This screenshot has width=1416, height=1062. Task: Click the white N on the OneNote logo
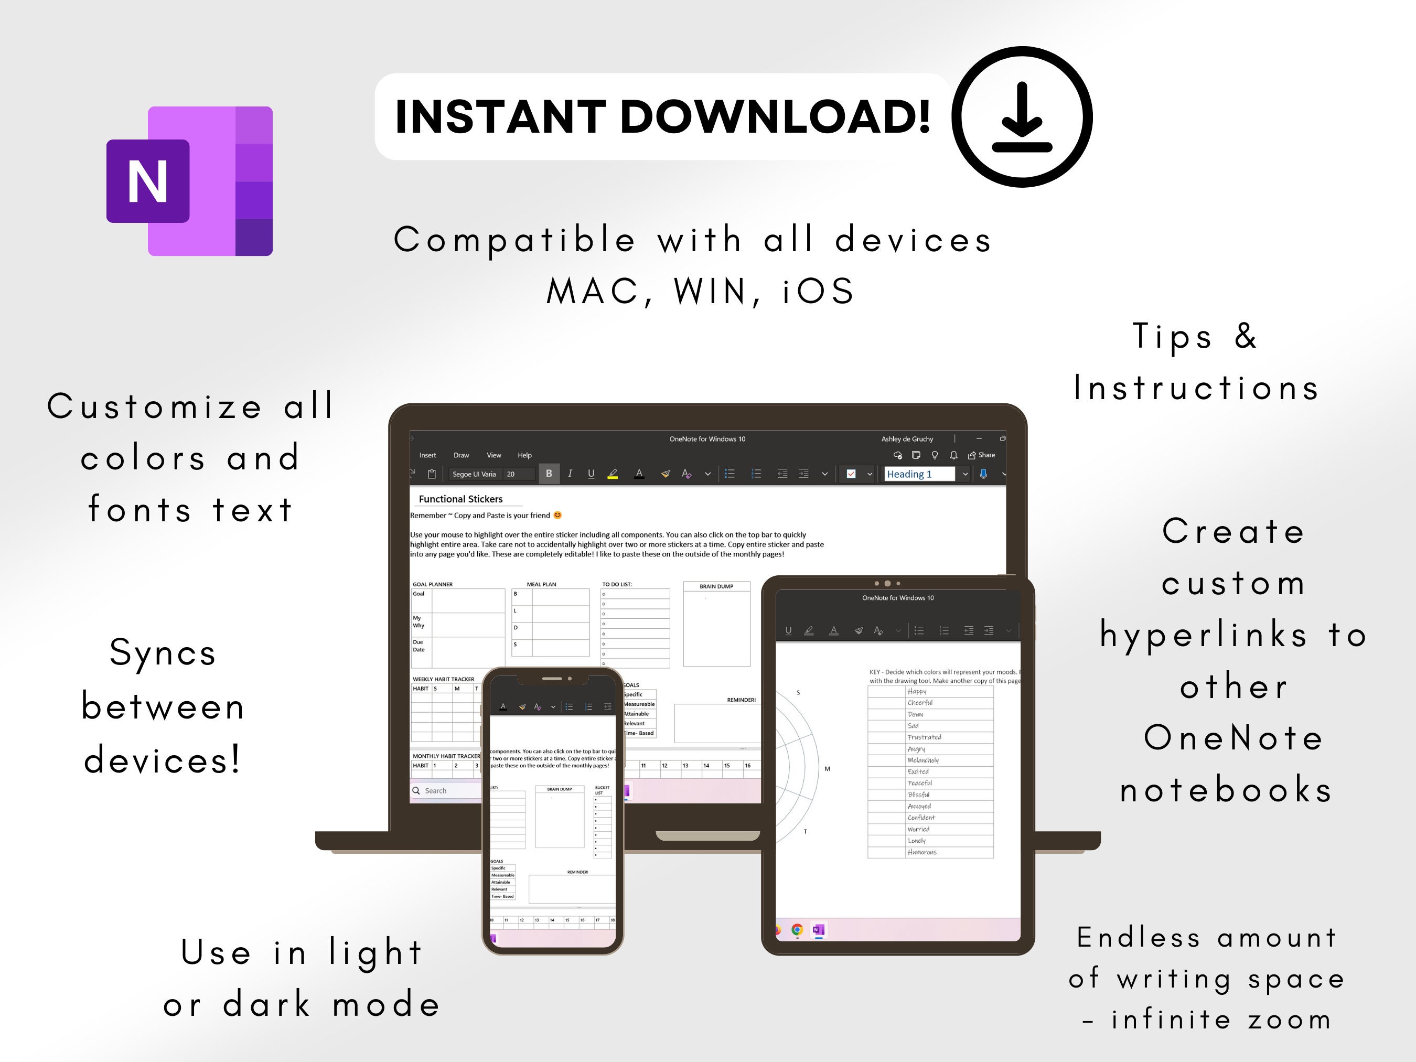click(148, 181)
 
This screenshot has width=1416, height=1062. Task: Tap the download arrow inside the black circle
click(1022, 119)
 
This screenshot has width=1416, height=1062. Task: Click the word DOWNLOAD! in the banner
click(775, 117)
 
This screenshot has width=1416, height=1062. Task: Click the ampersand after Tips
click(1245, 336)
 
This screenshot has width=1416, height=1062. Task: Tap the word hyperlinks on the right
click(1204, 635)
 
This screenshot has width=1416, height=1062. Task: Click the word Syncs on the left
click(163, 653)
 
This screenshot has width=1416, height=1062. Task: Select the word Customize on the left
click(154, 406)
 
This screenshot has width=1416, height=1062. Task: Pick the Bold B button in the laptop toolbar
click(549, 474)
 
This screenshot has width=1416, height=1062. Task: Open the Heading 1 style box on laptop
click(919, 474)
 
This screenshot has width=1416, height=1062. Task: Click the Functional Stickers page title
click(460, 499)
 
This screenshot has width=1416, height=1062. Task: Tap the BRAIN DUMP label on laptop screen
click(716, 586)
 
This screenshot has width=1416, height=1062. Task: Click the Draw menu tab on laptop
click(461, 455)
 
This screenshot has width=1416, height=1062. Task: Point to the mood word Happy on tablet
click(917, 691)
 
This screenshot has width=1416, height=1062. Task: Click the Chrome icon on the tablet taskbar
click(797, 929)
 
